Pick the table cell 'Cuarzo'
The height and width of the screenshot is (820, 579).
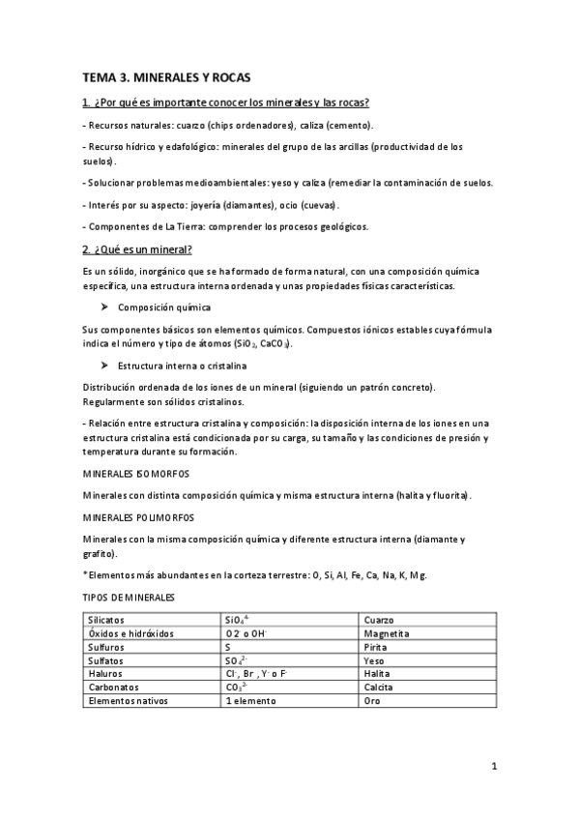tap(380, 620)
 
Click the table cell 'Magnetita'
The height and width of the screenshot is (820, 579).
tap(387, 633)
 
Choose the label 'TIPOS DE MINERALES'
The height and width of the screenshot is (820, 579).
tap(130, 598)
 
